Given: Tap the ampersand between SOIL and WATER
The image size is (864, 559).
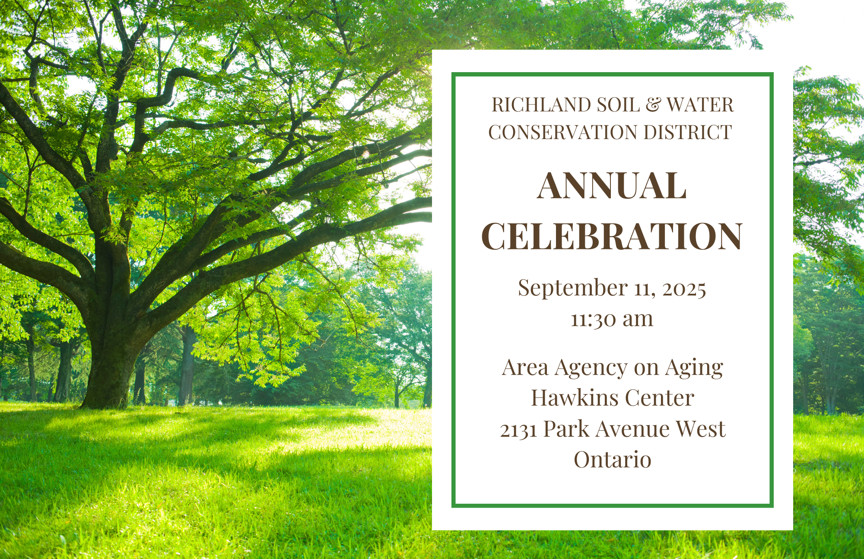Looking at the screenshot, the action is pos(653,105).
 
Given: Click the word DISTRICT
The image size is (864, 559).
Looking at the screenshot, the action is pos(688,132).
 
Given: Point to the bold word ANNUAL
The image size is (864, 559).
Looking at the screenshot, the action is pos(612,186).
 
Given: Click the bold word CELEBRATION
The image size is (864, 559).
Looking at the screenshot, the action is pos(612,236).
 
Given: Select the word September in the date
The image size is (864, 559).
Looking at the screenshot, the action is pos(573,289).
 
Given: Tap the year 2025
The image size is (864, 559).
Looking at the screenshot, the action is pos(684,289).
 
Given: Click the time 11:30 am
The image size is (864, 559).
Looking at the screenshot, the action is pos(612,320).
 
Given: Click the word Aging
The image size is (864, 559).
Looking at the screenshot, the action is pos(694,368).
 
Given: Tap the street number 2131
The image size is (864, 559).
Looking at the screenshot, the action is pos(518,430).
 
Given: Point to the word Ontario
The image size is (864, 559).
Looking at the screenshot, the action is pos(612,460).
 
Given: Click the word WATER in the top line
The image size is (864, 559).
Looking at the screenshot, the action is pos(700,105).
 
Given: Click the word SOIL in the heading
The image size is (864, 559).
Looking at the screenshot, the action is pos(618,105).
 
